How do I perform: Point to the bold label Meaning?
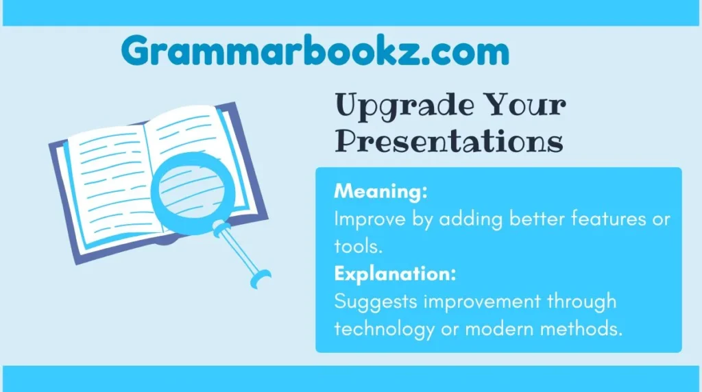pyautogui.click(x=380, y=191)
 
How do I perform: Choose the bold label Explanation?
pyautogui.click(x=396, y=274)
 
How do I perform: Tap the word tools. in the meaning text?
pyautogui.click(x=357, y=246)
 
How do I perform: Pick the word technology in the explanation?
pyautogui.click(x=384, y=329)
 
